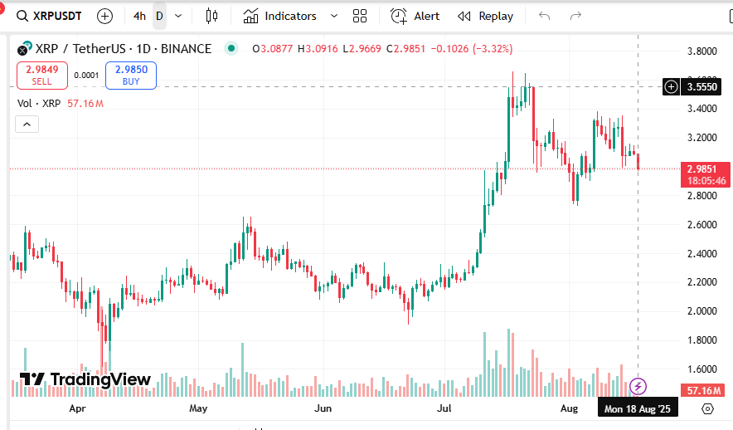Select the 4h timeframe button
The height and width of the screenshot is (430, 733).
pyautogui.click(x=139, y=16)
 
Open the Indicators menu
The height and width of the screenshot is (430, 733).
pyautogui.click(x=281, y=16)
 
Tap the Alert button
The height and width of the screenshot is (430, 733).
pyautogui.click(x=415, y=16)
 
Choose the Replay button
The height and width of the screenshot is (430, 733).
pyautogui.click(x=486, y=16)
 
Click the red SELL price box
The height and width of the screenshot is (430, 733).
pyautogui.click(x=41, y=75)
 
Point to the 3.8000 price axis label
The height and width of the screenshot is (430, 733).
pyautogui.click(x=702, y=51)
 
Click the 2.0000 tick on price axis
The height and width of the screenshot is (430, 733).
pyautogui.click(x=702, y=311)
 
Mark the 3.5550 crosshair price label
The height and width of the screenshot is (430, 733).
pyautogui.click(x=701, y=86)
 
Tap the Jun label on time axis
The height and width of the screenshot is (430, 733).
pyautogui.click(x=323, y=408)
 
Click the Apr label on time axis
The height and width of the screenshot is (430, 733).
pyautogui.click(x=78, y=408)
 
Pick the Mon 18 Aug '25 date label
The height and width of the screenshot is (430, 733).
pyautogui.click(x=638, y=408)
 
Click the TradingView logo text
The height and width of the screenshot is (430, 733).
pyautogui.click(x=85, y=380)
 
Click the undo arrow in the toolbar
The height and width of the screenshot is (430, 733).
pyautogui.click(x=544, y=16)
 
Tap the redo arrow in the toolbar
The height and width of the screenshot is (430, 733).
pyautogui.click(x=575, y=16)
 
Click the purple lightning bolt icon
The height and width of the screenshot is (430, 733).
pyautogui.click(x=638, y=386)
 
